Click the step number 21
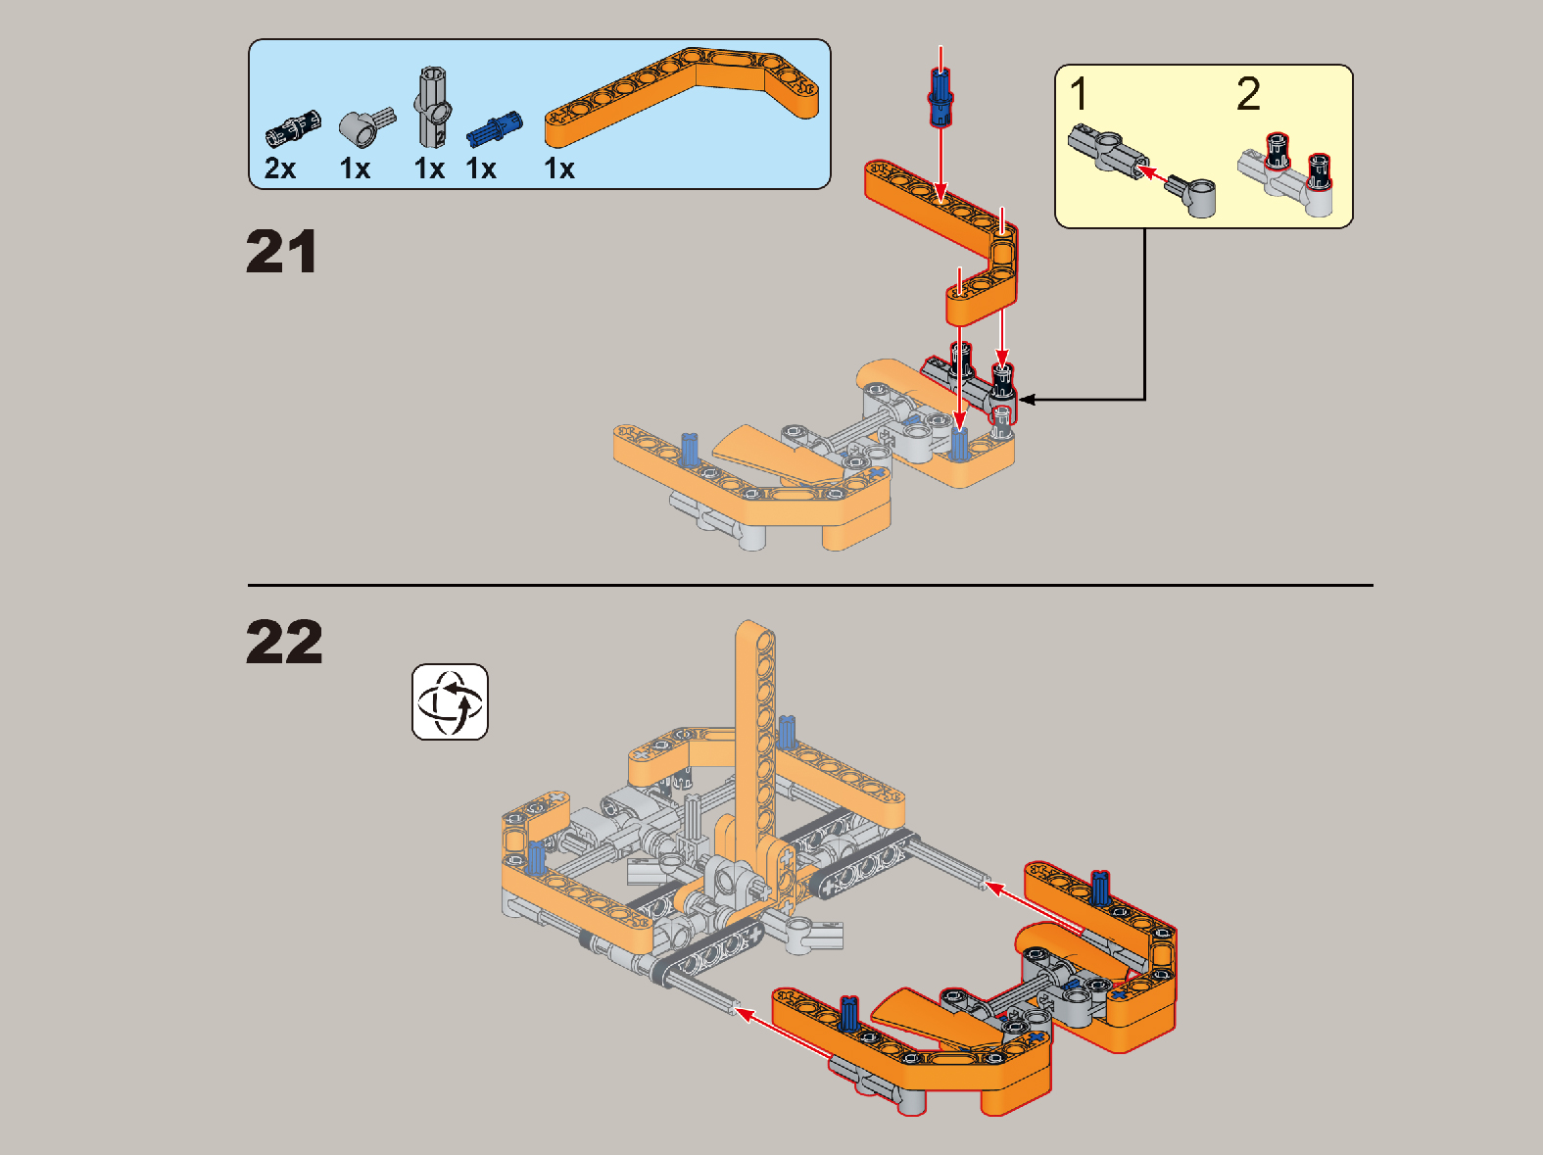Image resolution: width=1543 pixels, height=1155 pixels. click(282, 252)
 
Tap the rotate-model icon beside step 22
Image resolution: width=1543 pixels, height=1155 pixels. click(450, 701)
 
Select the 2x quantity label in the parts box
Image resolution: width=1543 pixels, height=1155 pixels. click(280, 168)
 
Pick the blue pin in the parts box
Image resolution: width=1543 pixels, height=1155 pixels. click(494, 129)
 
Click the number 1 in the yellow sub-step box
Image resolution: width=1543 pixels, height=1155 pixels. click(1079, 93)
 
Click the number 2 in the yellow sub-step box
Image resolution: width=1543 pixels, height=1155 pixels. click(1248, 93)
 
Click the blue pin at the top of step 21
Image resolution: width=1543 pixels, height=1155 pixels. click(940, 97)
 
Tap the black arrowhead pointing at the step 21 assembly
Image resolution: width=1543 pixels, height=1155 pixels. click(1027, 400)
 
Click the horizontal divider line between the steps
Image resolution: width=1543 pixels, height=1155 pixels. click(810, 585)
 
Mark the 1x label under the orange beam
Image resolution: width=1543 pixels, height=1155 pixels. click(559, 168)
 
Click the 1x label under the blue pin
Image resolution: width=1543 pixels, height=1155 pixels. click(482, 168)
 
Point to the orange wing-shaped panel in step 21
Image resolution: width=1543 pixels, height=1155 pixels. click(777, 457)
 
